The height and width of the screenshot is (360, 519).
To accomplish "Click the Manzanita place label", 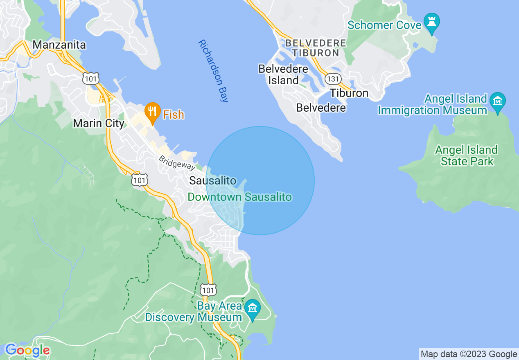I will [59, 45].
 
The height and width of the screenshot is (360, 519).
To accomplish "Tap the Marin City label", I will [99, 123].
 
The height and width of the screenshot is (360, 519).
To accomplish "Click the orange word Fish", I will [174, 115].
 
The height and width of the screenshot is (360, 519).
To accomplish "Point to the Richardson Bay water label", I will [213, 70].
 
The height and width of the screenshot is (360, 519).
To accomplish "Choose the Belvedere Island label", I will [283, 74].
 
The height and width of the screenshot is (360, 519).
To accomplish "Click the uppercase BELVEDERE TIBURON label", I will [316, 48].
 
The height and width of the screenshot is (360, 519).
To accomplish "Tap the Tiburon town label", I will [349, 93].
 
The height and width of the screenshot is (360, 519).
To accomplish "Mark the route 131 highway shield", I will [333, 78].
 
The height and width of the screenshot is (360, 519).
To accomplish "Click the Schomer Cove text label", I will [384, 25].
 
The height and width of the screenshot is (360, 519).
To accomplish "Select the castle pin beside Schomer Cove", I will [431, 21].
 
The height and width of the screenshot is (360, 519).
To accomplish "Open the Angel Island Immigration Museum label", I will [433, 104].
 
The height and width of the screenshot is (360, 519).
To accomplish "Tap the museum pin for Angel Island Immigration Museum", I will [498, 101].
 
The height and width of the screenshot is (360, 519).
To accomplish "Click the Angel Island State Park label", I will [467, 155].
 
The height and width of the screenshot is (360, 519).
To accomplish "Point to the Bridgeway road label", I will [177, 163].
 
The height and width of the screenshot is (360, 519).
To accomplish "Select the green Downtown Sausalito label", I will [240, 197].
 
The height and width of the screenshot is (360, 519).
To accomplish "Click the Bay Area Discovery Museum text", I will [194, 312].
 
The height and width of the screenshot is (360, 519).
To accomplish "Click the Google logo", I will [27, 350].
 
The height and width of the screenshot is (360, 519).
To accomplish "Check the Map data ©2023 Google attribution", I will [469, 354].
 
